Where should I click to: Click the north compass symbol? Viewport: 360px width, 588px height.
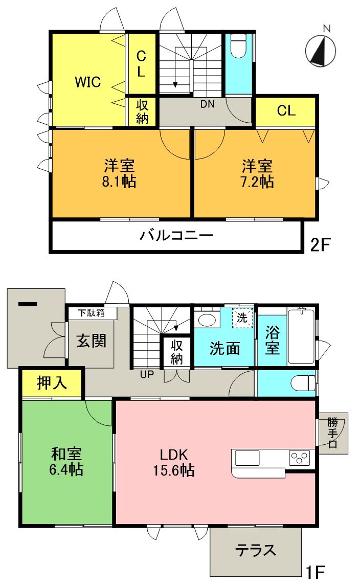pos(321,51)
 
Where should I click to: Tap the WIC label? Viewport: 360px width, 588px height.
pos(87,82)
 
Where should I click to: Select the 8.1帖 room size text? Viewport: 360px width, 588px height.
pos(120,182)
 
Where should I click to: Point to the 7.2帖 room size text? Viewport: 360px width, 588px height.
pos(257,182)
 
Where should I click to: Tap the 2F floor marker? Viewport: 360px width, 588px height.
pos(321,244)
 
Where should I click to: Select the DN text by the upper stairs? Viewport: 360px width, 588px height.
pos(207,105)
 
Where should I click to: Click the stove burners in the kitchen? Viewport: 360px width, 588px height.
pos(300,457)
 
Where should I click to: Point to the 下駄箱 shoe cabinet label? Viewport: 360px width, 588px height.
pos(92,313)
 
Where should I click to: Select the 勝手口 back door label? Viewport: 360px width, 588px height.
pos(333,433)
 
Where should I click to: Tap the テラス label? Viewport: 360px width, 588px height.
pos(255,550)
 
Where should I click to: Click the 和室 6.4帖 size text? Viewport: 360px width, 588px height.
pos(66,469)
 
